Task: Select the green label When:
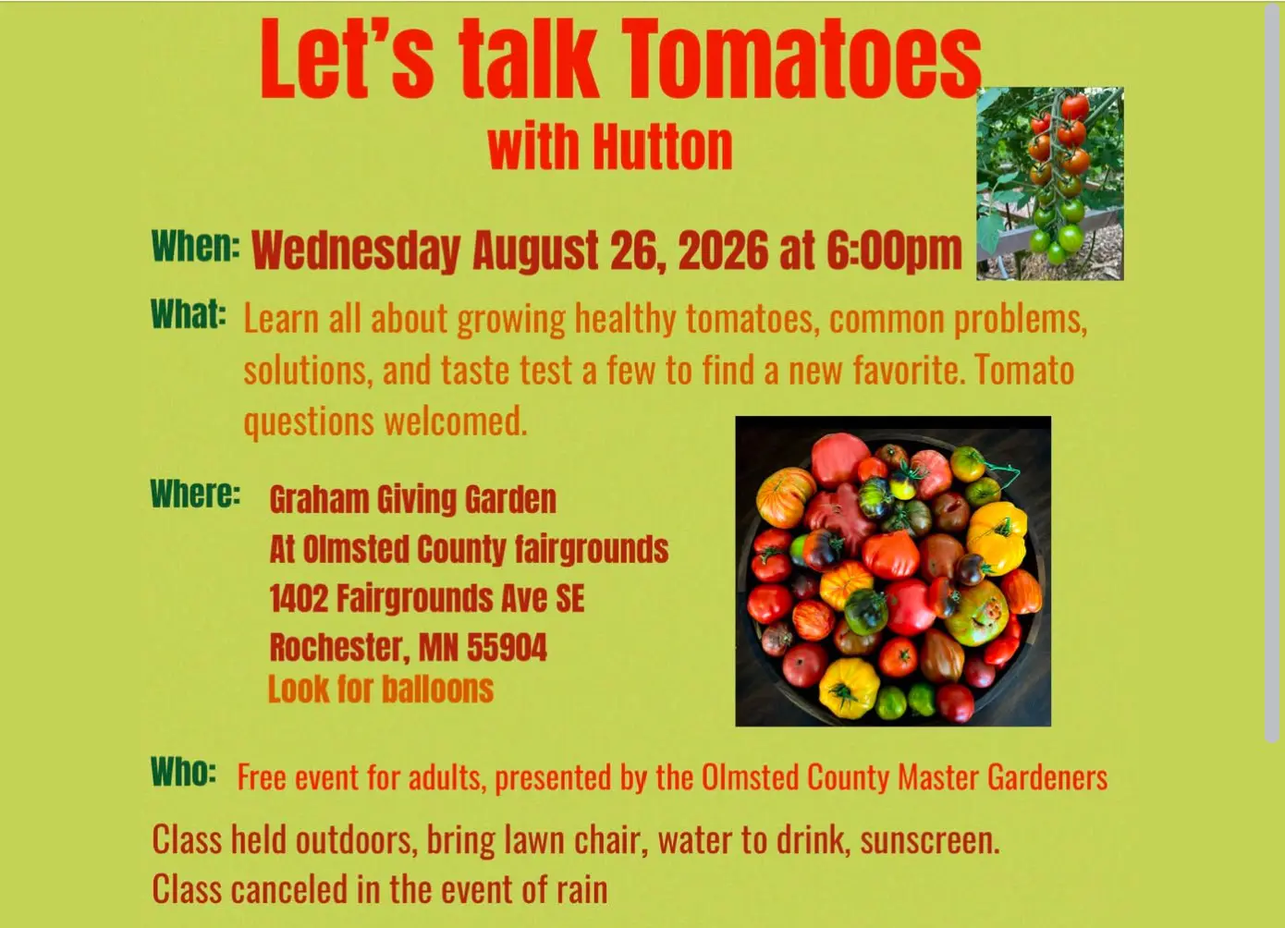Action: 196,247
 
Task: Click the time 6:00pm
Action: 894,251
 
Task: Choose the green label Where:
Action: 195,494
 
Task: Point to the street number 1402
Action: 299,598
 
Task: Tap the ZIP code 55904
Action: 508,648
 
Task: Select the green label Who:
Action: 184,772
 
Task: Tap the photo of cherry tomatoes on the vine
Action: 1050,184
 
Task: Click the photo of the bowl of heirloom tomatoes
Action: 893,571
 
